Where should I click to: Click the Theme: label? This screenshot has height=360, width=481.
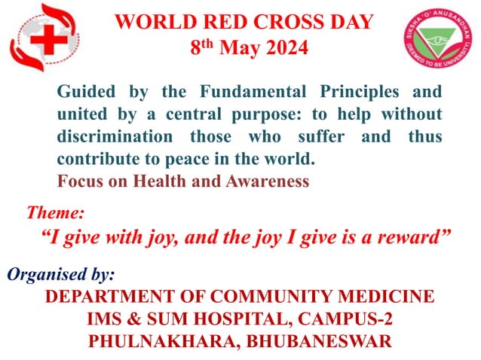click(x=55, y=213)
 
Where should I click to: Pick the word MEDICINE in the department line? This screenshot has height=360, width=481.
click(x=390, y=296)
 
